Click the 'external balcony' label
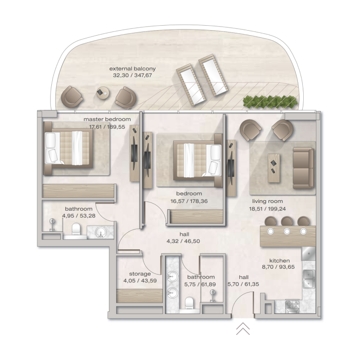click(x=132, y=68)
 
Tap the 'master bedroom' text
click(x=107, y=119)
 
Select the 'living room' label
click(x=267, y=201)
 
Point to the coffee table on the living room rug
click(x=274, y=164)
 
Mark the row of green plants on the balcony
click(x=270, y=102)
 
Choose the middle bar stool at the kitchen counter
click(x=287, y=221)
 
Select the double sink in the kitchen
click(x=309, y=279)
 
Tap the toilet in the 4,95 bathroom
click(x=75, y=229)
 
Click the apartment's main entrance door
click(x=245, y=306)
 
